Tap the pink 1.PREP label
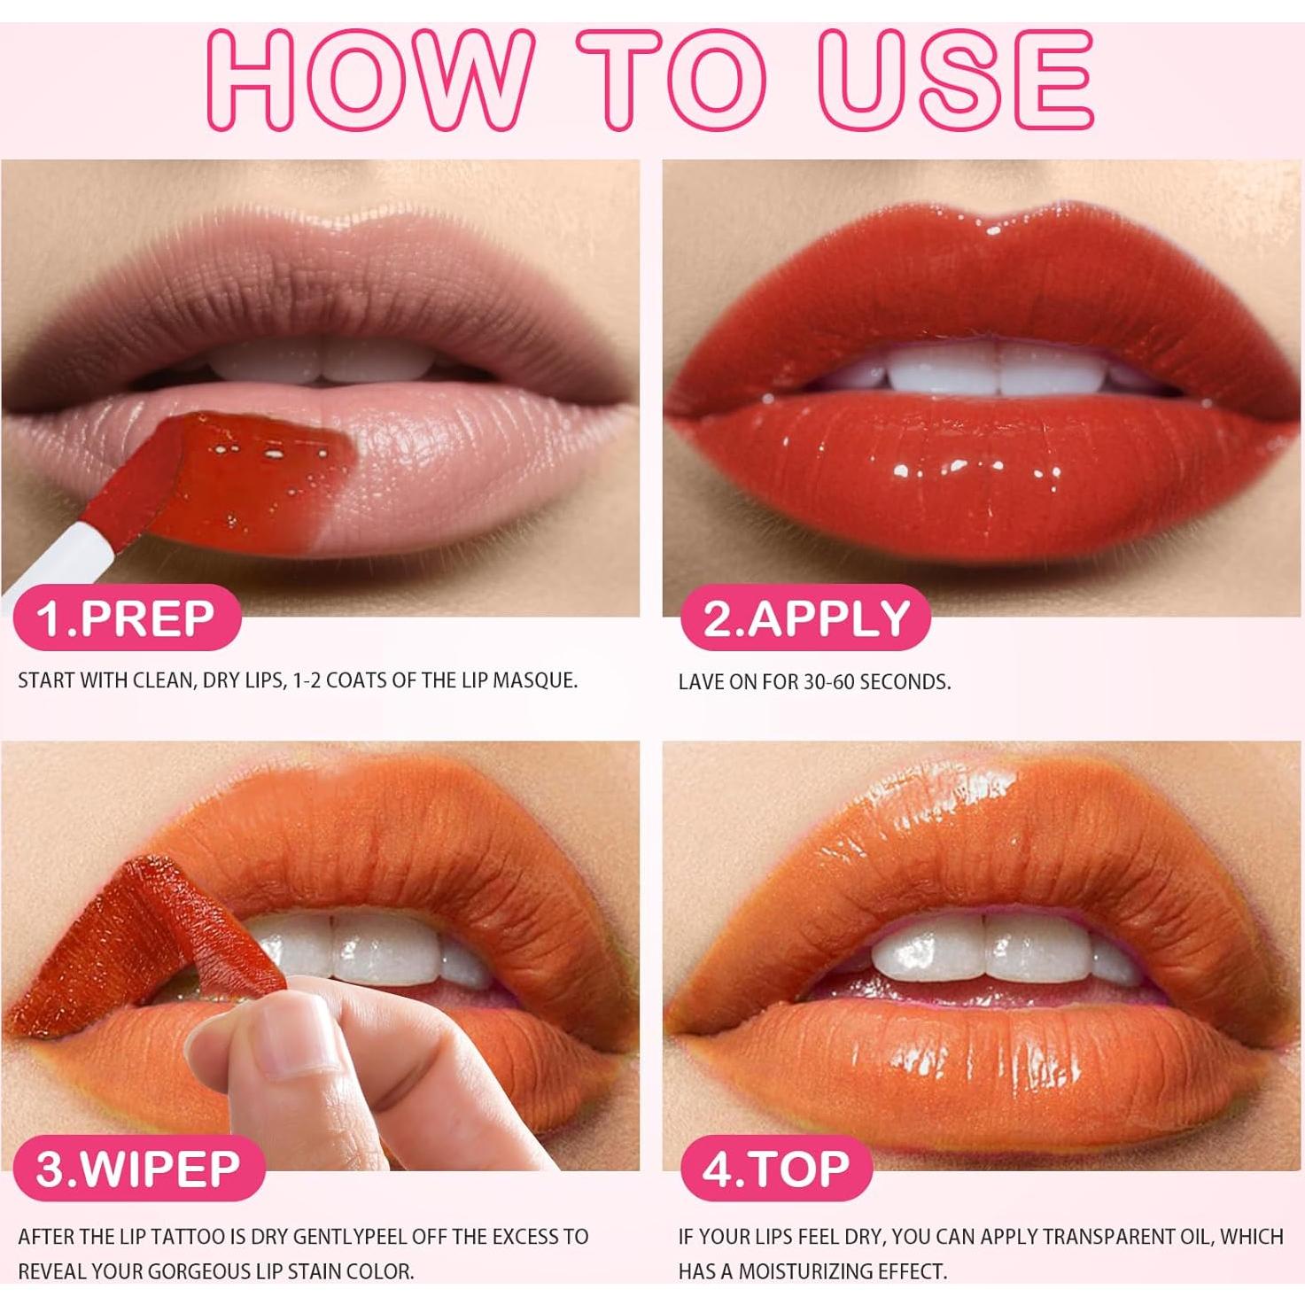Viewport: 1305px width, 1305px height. (126, 618)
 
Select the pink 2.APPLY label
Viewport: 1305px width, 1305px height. (806, 618)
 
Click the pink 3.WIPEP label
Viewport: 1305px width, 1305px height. (138, 1169)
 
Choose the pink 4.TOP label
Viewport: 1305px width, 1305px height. (776, 1169)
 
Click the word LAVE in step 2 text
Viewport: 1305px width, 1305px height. (700, 682)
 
